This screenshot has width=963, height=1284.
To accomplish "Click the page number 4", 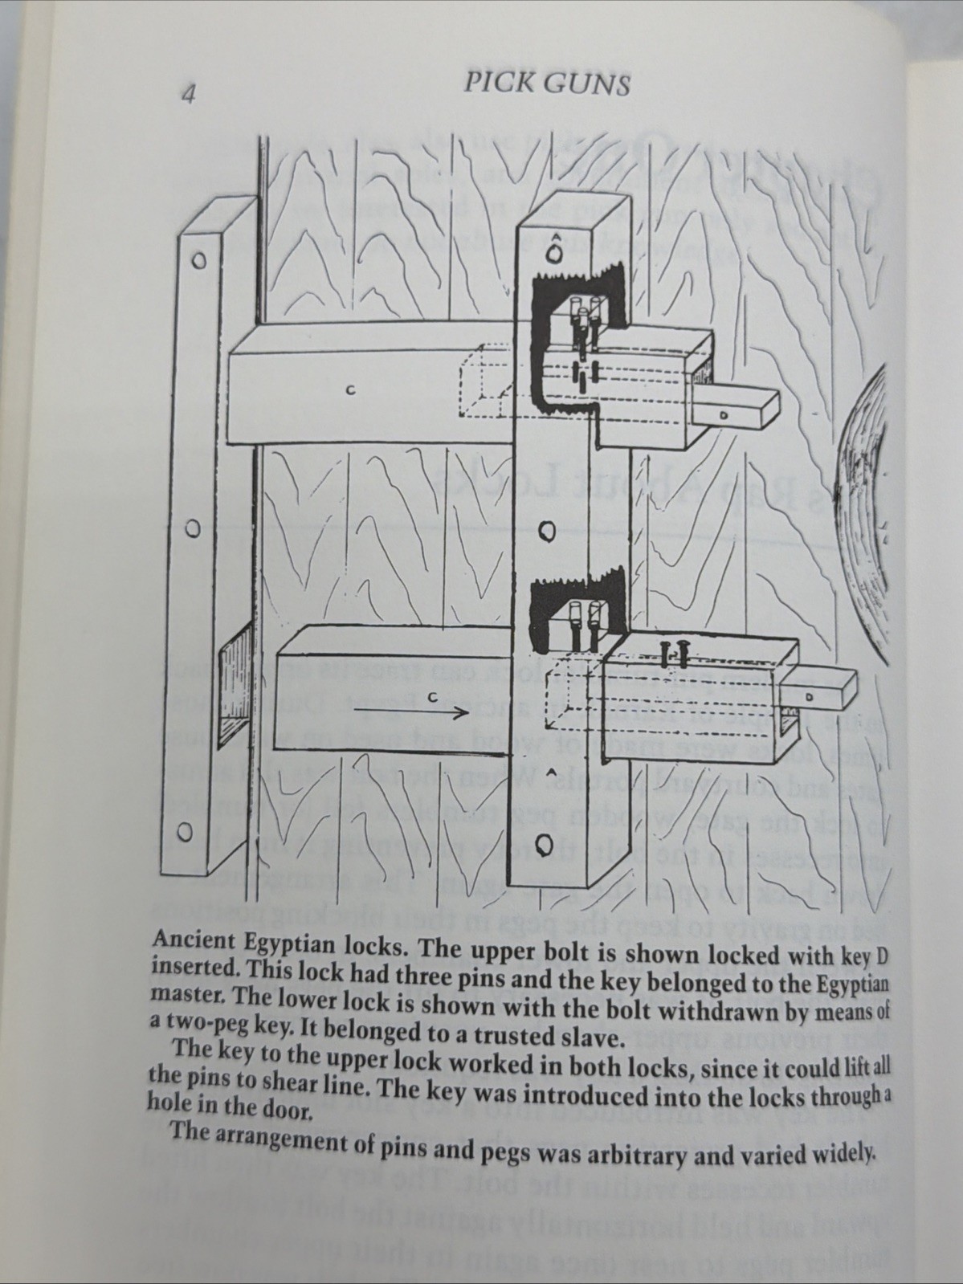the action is click(x=189, y=94).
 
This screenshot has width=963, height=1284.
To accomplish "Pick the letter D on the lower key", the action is click(x=810, y=697).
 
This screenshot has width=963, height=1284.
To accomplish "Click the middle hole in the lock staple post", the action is click(x=546, y=532).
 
